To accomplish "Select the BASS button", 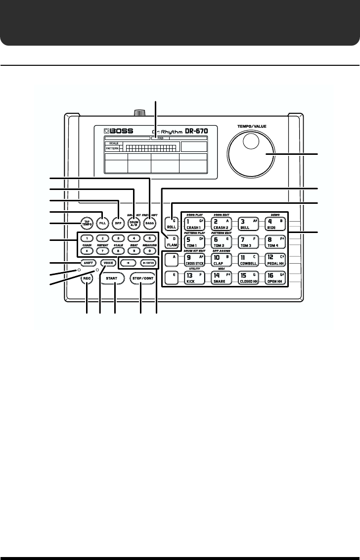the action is [x=149, y=223].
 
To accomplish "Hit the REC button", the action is [x=87, y=279].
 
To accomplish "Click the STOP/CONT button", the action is [x=141, y=279].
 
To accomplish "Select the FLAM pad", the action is [x=172, y=242].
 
